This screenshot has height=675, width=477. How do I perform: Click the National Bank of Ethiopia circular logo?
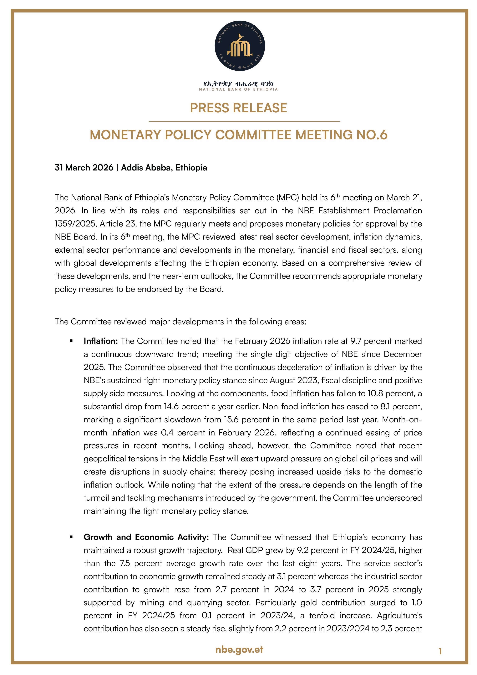(240, 46)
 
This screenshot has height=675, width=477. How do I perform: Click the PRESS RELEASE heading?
(238, 108)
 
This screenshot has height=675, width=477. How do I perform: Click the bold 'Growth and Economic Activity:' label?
(146, 537)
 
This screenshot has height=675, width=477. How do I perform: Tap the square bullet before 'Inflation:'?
(71, 341)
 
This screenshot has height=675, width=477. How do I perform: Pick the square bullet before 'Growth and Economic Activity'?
(71, 537)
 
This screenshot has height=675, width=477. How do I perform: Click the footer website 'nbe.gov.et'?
(239, 649)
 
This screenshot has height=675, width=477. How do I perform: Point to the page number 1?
(440, 652)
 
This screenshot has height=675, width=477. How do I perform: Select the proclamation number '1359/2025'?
(75, 224)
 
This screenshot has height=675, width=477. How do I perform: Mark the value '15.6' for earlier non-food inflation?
(231, 419)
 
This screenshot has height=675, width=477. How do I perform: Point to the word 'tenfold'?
(322, 616)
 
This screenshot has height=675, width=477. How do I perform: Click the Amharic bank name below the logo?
(238, 84)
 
